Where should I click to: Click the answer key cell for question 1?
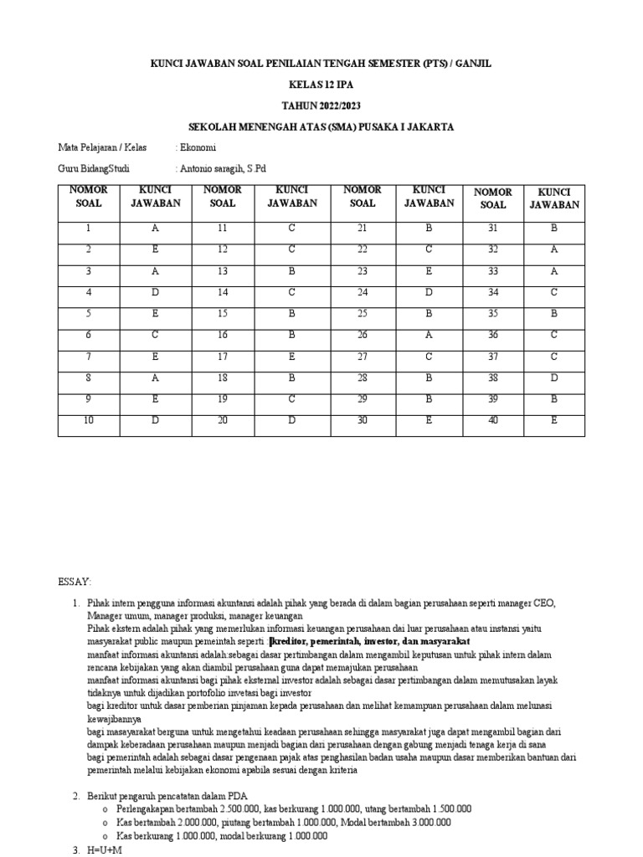155,228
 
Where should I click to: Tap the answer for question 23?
429,271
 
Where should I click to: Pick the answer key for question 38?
553,377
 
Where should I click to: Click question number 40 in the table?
493,420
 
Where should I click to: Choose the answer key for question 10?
155,420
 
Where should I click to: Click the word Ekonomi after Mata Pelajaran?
196,147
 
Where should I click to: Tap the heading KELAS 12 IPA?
321,85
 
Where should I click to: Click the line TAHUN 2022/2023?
321,106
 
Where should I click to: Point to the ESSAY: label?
75,581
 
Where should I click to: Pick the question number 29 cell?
363,398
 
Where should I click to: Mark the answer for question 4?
155,293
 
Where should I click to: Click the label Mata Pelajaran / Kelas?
102,147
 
